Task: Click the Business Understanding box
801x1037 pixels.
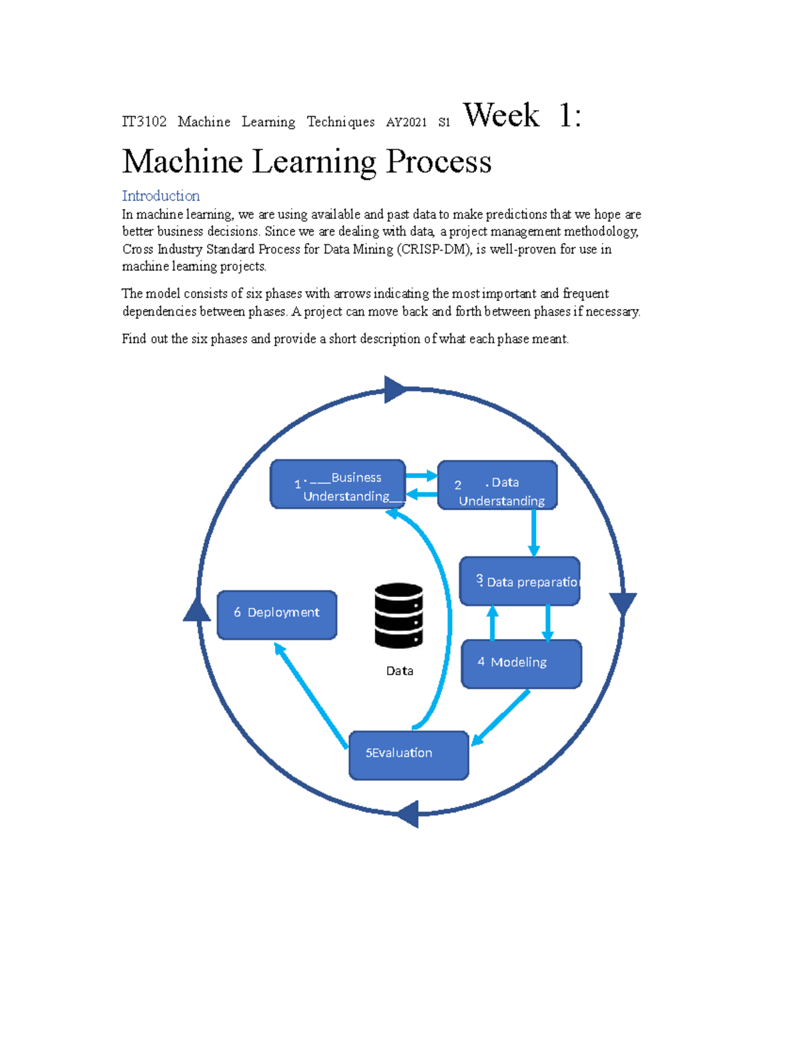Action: tap(338, 484)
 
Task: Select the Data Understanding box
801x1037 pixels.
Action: tap(497, 485)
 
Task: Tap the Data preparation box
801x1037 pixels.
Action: tap(519, 581)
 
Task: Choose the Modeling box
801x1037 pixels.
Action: tap(521, 664)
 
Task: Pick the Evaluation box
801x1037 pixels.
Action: tap(409, 755)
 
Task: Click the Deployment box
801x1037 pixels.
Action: tap(277, 614)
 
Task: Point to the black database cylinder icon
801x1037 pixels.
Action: tap(398, 616)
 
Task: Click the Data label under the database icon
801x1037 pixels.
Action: tap(399, 671)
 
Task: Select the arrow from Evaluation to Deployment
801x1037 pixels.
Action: tap(310, 695)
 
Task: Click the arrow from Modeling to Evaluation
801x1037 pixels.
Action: tap(502, 716)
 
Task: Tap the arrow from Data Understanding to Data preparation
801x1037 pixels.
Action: tap(534, 533)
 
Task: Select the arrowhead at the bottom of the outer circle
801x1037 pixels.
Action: tap(408, 814)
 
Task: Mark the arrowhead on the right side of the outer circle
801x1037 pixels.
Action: tap(623, 603)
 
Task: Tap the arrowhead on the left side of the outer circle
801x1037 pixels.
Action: tap(197, 610)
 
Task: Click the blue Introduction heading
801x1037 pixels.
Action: tap(161, 196)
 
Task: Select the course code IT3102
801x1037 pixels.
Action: tap(144, 122)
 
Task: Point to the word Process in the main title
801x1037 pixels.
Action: tap(439, 162)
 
